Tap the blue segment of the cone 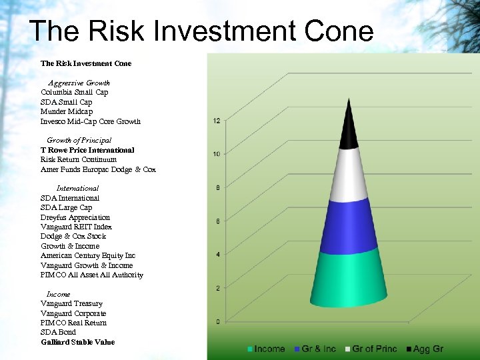coord(348,225)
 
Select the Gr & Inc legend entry coord(316,349)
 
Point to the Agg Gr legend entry coord(424,349)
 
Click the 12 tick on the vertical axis coord(217,121)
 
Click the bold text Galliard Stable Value coord(77,342)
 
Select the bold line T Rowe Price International coord(87,150)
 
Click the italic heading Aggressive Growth coord(79,83)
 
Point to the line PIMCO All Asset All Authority coord(91,275)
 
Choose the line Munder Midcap coord(67,111)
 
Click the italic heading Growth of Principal coord(79,141)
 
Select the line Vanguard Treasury coord(71,303)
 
